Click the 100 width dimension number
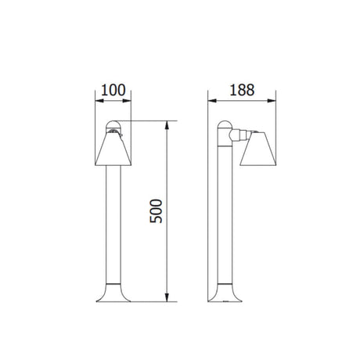coord(113,90)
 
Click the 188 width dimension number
coord(242,90)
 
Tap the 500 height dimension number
coord(156,211)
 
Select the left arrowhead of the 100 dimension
coord(99,101)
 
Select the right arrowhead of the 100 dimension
coord(127,101)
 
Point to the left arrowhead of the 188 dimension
coord(212,101)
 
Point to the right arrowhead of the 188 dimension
coord(272,101)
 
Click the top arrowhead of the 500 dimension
coord(167,125)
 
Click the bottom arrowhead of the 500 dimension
coord(167,297)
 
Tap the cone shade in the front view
coord(113,149)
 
